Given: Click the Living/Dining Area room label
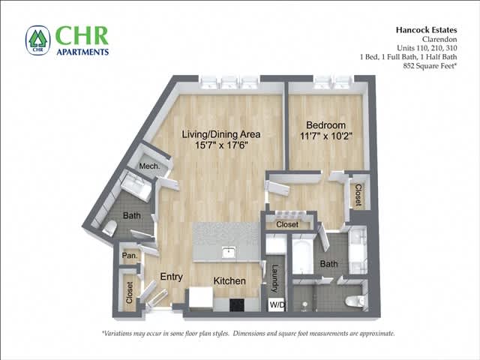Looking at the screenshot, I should tap(221, 134).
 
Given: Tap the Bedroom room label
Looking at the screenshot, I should tap(325, 124).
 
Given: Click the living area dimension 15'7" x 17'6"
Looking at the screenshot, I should tap(221, 147).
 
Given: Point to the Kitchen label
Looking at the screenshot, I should tap(229, 280).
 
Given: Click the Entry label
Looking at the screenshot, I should tap(171, 277).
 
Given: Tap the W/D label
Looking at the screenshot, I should tap(277, 305).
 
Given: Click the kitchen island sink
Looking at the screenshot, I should tap(229, 252).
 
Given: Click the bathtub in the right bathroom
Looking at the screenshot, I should tap(303, 256).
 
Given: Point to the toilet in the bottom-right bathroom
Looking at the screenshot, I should tap(353, 301).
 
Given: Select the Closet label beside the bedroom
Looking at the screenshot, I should tap(358, 195).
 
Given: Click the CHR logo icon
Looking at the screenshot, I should tap(37, 40).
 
